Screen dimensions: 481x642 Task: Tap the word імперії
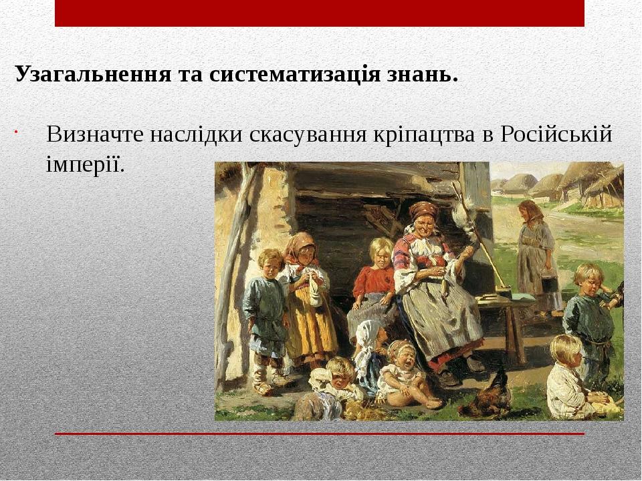pyautogui.click(x=85, y=162)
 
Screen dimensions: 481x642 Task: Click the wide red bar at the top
pyautogui.click(x=319, y=13)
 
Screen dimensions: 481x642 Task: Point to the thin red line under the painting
pyautogui.click(x=319, y=434)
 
